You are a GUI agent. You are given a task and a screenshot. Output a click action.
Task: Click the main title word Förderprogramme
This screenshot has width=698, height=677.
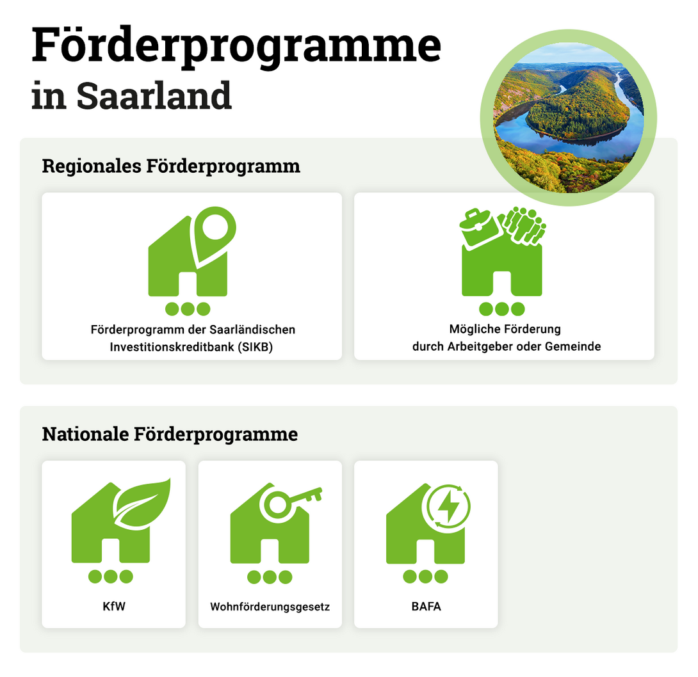(x=236, y=46)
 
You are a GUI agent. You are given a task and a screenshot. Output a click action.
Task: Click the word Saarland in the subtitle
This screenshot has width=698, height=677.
(x=154, y=96)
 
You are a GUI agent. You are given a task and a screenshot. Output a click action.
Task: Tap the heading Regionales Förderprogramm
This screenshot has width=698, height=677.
(x=171, y=166)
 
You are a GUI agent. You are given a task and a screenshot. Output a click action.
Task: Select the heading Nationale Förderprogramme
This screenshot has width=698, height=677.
(x=170, y=434)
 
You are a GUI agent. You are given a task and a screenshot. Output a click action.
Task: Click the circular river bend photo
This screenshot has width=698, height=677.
(x=568, y=118)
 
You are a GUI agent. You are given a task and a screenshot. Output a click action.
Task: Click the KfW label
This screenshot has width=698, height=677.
(x=113, y=606)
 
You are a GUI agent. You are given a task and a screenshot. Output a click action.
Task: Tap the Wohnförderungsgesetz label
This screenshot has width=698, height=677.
(x=270, y=606)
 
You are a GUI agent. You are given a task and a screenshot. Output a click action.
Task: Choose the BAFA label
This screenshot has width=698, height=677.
(x=426, y=606)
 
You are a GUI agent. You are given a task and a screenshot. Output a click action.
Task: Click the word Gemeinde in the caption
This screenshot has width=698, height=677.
(x=578, y=347)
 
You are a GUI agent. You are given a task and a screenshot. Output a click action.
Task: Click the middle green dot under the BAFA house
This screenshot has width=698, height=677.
(x=426, y=577)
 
